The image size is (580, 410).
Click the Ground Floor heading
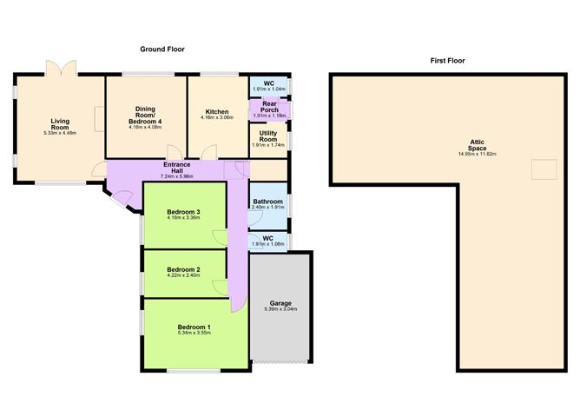(163, 50)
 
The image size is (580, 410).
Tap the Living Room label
(60, 122)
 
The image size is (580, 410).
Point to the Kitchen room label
(217, 112)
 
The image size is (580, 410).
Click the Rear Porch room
(269, 109)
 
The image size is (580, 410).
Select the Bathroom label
(268, 202)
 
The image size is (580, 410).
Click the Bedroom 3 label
(183, 212)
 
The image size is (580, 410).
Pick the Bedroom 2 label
(183, 270)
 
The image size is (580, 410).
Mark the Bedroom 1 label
(183, 327)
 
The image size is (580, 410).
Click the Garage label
(280, 303)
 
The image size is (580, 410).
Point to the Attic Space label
(478, 144)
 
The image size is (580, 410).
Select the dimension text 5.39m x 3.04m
(280, 309)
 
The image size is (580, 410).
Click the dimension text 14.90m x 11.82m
(478, 154)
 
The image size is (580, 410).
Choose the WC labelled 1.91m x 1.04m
(268, 85)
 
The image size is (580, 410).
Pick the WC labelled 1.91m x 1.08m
(268, 240)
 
